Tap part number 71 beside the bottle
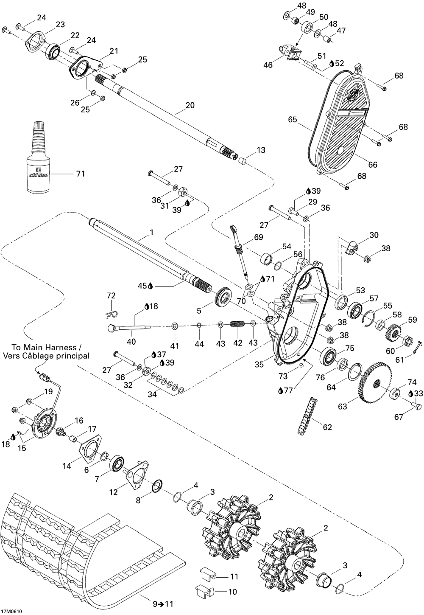(80, 174)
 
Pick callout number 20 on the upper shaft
(190, 105)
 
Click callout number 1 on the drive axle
(151, 233)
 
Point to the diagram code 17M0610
(12, 611)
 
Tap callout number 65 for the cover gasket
(293, 120)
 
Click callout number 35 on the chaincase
(259, 364)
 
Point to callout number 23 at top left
(60, 25)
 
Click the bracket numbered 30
(352, 247)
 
